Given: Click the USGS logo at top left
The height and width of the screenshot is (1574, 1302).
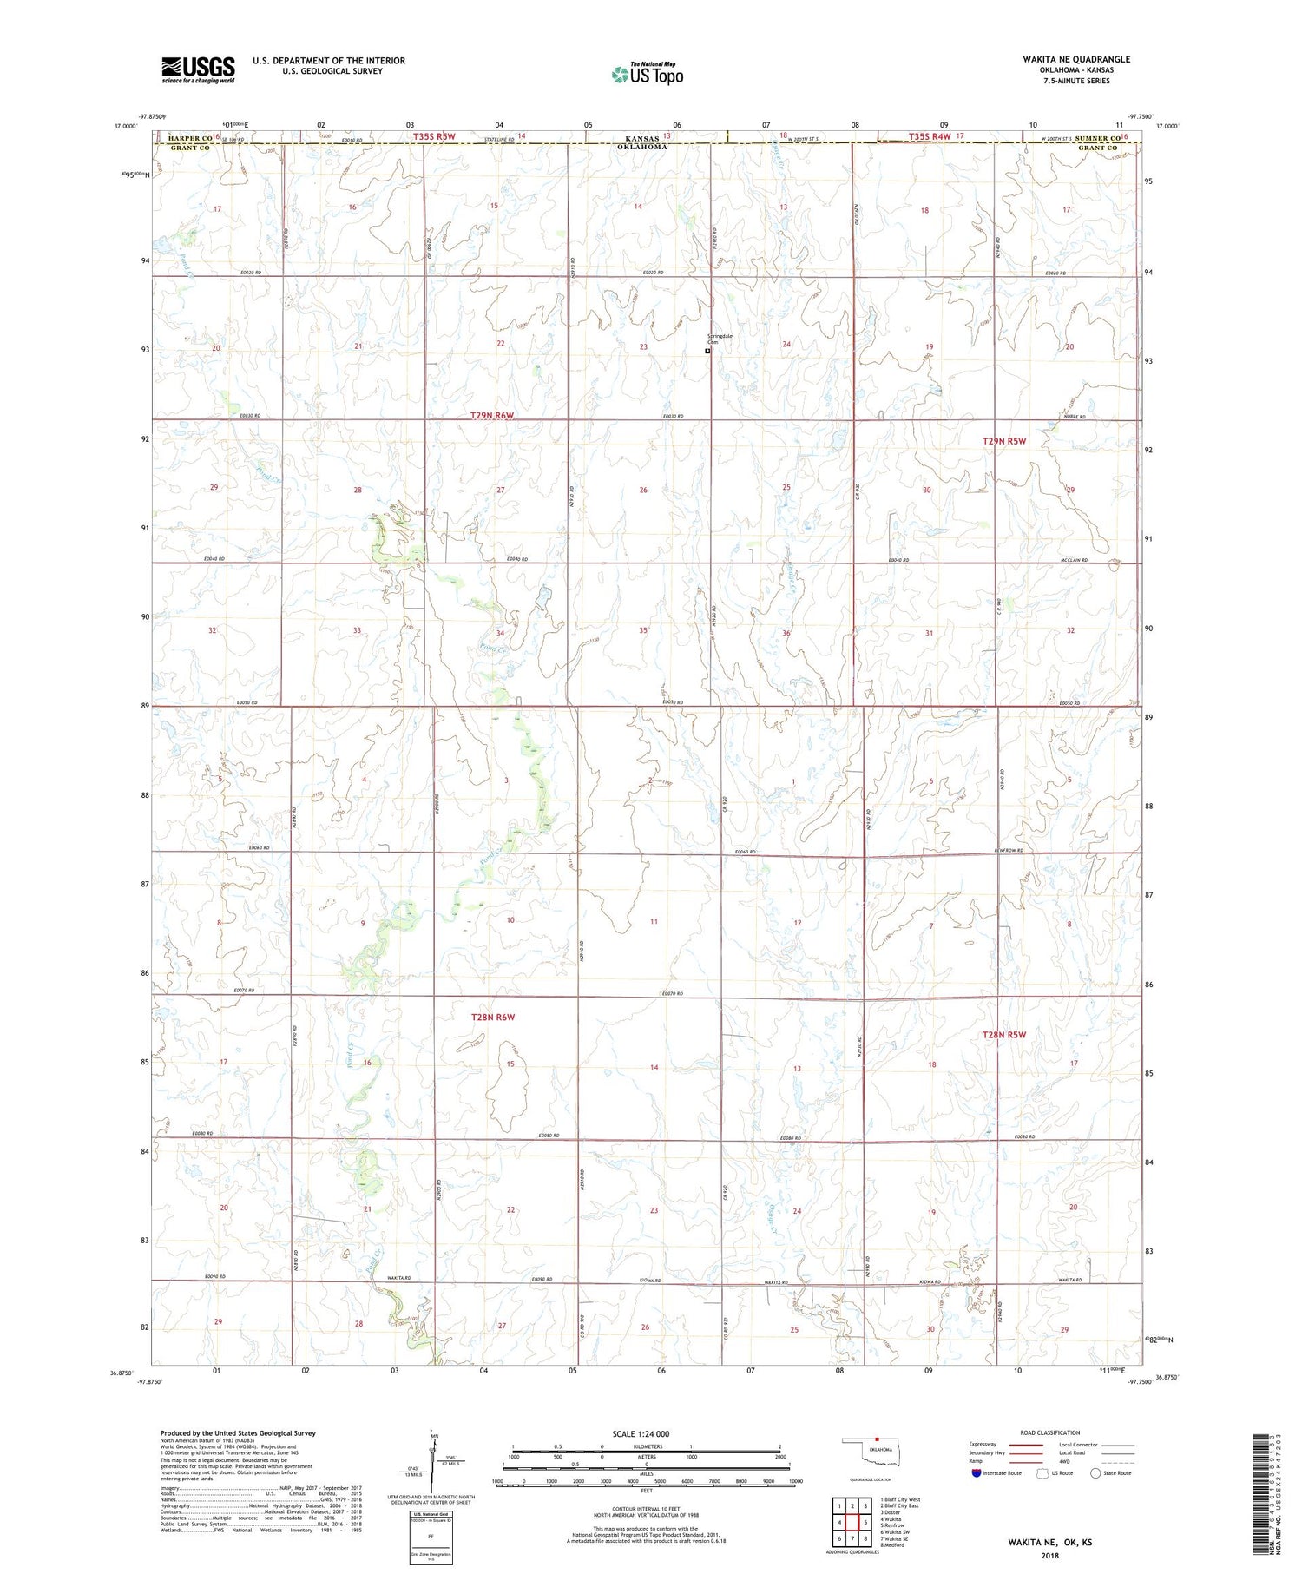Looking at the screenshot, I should pyautogui.click(x=198, y=69).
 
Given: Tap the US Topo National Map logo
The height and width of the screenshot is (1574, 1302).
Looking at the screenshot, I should pyautogui.click(x=647, y=74).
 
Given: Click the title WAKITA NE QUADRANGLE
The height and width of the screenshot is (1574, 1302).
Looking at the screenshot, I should pyautogui.click(x=1075, y=59).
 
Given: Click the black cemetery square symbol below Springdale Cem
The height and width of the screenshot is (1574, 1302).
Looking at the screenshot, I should pyautogui.click(x=707, y=352).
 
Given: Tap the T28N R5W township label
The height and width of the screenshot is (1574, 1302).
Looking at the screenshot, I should pyautogui.click(x=1004, y=1034).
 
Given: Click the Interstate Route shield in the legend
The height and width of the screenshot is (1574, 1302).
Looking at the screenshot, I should pyautogui.click(x=977, y=1472).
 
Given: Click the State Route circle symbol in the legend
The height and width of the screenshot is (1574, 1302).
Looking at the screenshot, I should pyautogui.click(x=1096, y=1472).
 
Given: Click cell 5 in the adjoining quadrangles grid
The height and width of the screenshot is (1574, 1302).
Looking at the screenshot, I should pyautogui.click(x=865, y=1522).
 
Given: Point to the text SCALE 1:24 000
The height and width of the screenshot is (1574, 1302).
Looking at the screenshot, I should pyautogui.click(x=646, y=1433).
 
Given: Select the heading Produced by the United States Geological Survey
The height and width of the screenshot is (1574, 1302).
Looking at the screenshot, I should pyautogui.click(x=238, y=1433).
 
